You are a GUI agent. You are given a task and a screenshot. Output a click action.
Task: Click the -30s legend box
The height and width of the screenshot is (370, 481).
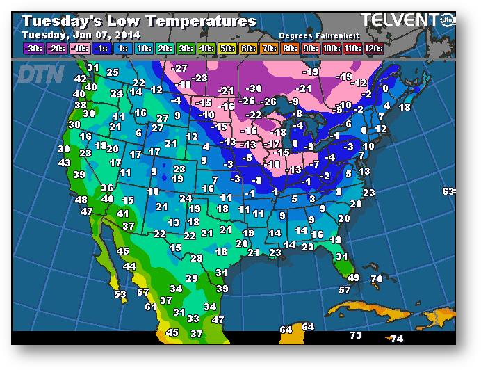32,49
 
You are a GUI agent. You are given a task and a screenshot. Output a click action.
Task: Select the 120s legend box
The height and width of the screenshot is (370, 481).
373,49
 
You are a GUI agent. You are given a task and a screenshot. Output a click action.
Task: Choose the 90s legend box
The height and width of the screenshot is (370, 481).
309,49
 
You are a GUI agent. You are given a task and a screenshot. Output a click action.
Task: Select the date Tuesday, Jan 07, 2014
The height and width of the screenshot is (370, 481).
81,35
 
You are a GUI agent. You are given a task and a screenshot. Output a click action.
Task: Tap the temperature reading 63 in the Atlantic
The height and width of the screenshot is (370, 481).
448,191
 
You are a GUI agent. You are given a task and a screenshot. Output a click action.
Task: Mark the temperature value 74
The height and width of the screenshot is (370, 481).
397,339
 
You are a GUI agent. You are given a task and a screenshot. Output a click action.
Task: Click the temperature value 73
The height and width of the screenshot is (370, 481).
355,335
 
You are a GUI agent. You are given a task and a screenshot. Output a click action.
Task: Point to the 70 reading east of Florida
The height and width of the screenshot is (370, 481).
376,279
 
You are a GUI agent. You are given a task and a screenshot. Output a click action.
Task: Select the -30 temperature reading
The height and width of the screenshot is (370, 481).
254,88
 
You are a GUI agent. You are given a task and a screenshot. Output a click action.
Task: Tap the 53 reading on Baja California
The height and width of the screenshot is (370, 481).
120,294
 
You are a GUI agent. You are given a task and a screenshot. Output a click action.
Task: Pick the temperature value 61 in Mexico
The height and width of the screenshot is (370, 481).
151,306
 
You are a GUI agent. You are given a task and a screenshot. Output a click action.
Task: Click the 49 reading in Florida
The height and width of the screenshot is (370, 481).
353,277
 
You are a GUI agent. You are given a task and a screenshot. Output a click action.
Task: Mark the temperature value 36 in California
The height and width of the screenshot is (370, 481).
107,188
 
